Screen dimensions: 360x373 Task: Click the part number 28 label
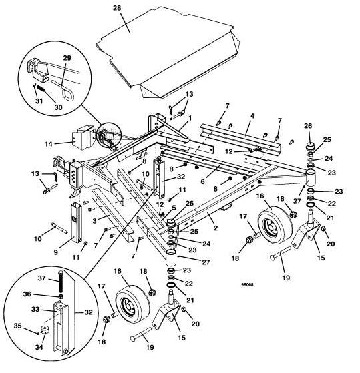pyautogui.click(x=117, y=8)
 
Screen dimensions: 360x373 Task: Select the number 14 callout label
pyautogui.click(x=49, y=144)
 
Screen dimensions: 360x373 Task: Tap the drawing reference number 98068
pyautogui.click(x=247, y=284)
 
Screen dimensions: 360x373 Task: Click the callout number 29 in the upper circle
pyautogui.click(x=67, y=58)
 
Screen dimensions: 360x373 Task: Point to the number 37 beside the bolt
pyautogui.click(x=41, y=278)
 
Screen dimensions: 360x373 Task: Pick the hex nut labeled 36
pyautogui.click(x=61, y=296)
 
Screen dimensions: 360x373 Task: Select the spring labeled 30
pyautogui.click(x=41, y=89)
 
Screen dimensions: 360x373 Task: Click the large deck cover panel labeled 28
pyautogui.click(x=167, y=52)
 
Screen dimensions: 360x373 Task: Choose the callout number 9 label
pyautogui.click(x=55, y=252)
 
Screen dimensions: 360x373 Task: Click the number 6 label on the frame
pyautogui.click(x=202, y=181)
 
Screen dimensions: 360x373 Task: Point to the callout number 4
pyautogui.click(x=252, y=116)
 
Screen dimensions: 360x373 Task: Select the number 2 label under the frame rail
pyautogui.click(x=216, y=228)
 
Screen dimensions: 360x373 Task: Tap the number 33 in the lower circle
pyautogui.click(x=35, y=309)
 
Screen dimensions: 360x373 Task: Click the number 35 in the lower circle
pyautogui.click(x=18, y=326)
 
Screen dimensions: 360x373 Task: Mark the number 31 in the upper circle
pyautogui.click(x=39, y=101)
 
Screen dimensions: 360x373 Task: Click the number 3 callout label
pyautogui.click(x=95, y=221)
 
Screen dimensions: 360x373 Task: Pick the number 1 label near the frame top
pyautogui.click(x=190, y=117)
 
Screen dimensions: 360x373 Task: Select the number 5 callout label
pyautogui.click(x=174, y=208)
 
